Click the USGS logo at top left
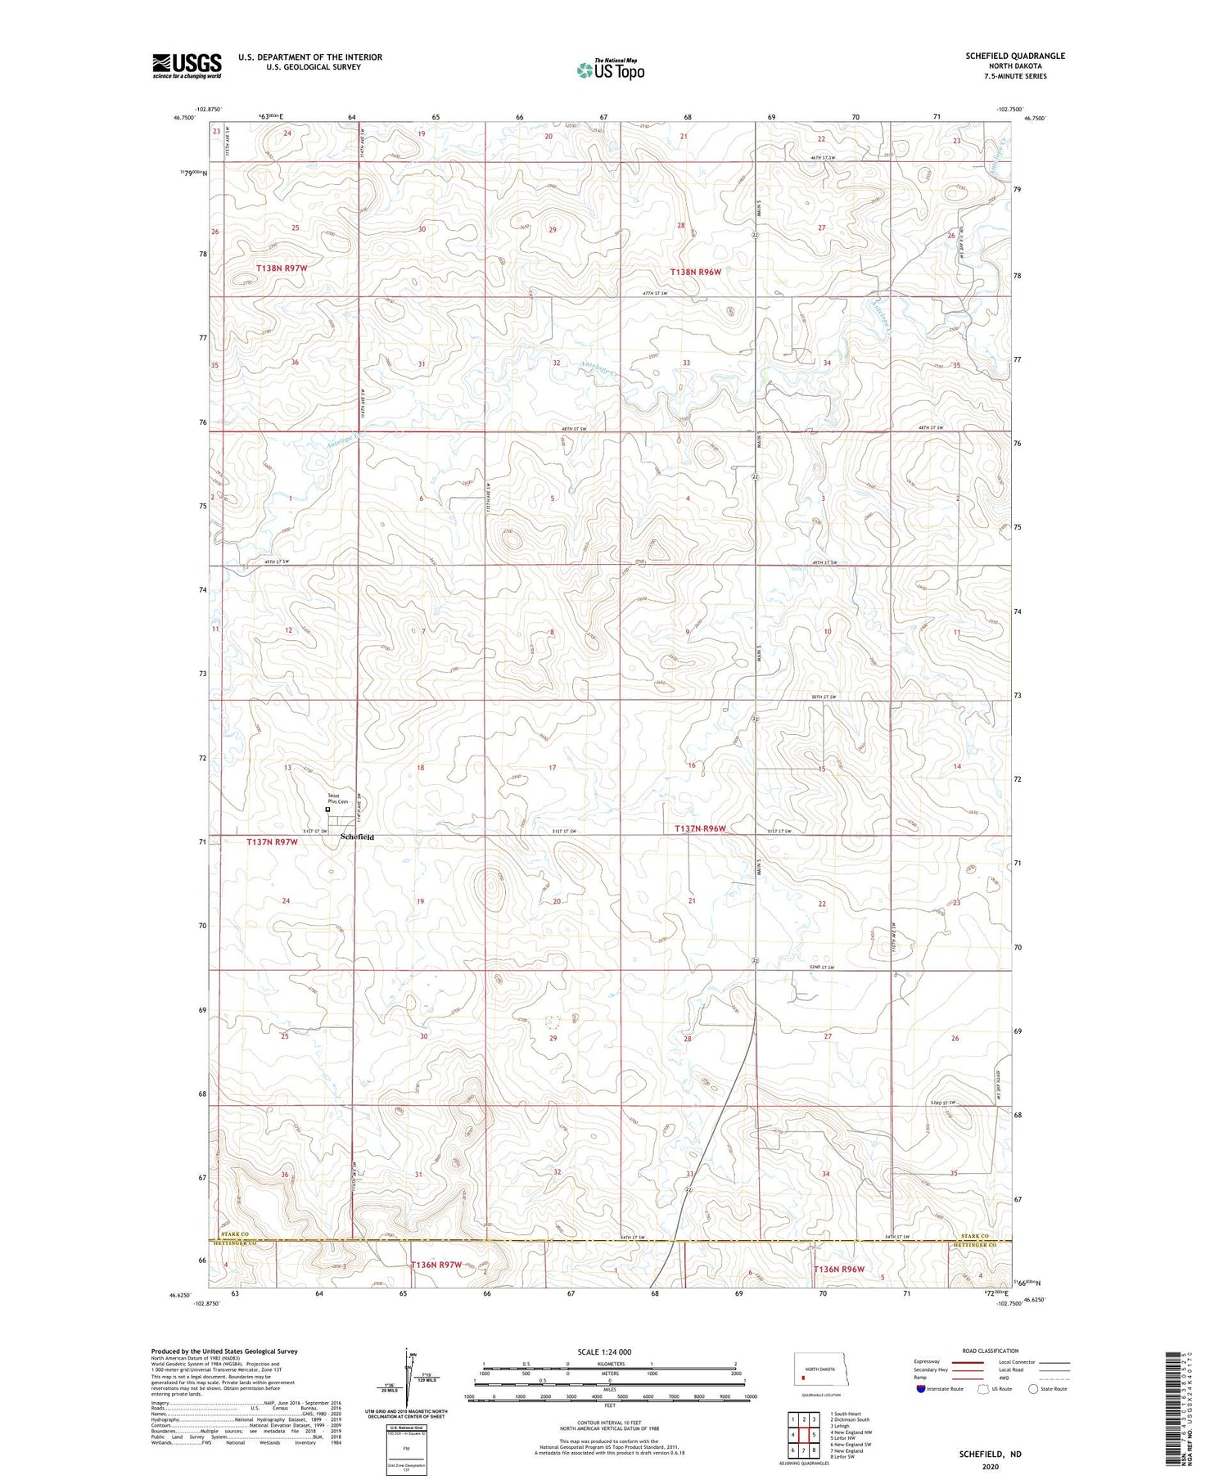point(187,65)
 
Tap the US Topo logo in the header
point(610,70)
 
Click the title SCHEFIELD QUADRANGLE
point(1014,56)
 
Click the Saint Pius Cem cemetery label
point(338,798)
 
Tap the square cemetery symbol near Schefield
point(328,810)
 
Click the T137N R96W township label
point(700,828)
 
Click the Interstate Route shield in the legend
point(920,1389)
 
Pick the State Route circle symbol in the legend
point(1032,1389)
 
